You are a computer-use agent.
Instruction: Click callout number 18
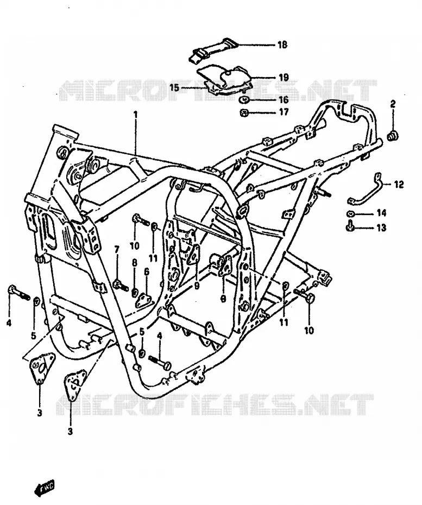tap(282, 45)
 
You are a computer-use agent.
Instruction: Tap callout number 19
tap(284, 78)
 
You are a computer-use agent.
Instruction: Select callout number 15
tap(174, 87)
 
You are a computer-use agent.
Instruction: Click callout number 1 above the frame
tap(136, 115)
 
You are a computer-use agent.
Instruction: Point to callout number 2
tap(393, 104)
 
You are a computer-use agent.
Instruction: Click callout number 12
tap(399, 184)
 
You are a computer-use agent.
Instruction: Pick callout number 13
tap(381, 228)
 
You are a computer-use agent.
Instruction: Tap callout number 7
tap(117, 249)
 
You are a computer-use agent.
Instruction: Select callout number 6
tap(147, 272)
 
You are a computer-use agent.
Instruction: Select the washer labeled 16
tap(244, 100)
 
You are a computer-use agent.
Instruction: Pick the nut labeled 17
tap(244, 113)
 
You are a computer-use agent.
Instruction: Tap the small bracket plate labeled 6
tap(144, 299)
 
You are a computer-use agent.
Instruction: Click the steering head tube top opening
tap(65, 130)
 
